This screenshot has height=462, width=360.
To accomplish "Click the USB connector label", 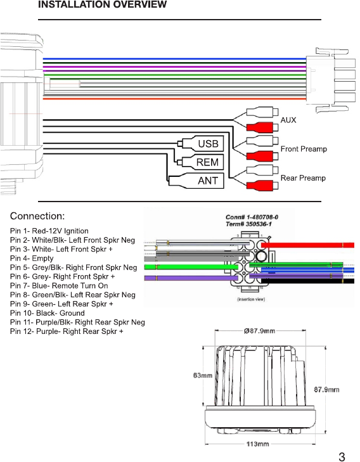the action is [x=208, y=144].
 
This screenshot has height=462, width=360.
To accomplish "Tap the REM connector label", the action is [x=207, y=162].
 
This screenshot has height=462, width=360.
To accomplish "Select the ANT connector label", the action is [x=208, y=181].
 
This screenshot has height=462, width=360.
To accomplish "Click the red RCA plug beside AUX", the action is [x=262, y=127].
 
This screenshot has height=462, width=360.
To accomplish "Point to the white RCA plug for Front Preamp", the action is [x=262, y=141].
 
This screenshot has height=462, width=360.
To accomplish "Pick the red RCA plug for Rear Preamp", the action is [x=262, y=185].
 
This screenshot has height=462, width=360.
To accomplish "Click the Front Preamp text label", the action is [x=304, y=149].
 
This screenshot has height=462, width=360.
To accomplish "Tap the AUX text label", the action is [x=288, y=120].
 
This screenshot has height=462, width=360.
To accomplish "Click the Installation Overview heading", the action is [x=103, y=4].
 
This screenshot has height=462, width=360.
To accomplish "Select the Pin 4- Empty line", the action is [x=32, y=259].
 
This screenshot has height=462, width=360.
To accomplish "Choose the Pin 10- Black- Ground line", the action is [x=48, y=313].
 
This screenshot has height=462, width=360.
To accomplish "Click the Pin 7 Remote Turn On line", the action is [x=59, y=286].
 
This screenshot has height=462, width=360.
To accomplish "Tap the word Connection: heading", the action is [x=37, y=216].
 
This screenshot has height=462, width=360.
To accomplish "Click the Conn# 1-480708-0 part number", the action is [x=252, y=217].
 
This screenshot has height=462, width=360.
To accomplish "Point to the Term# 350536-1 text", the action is [x=248, y=224].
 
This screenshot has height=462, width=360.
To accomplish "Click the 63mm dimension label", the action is [x=203, y=375].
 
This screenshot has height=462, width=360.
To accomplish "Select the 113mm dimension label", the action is [x=257, y=444].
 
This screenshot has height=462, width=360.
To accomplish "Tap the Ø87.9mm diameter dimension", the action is [x=259, y=331].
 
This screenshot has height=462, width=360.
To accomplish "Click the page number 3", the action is [x=342, y=457].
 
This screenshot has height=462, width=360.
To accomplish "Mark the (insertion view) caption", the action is [x=251, y=299].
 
